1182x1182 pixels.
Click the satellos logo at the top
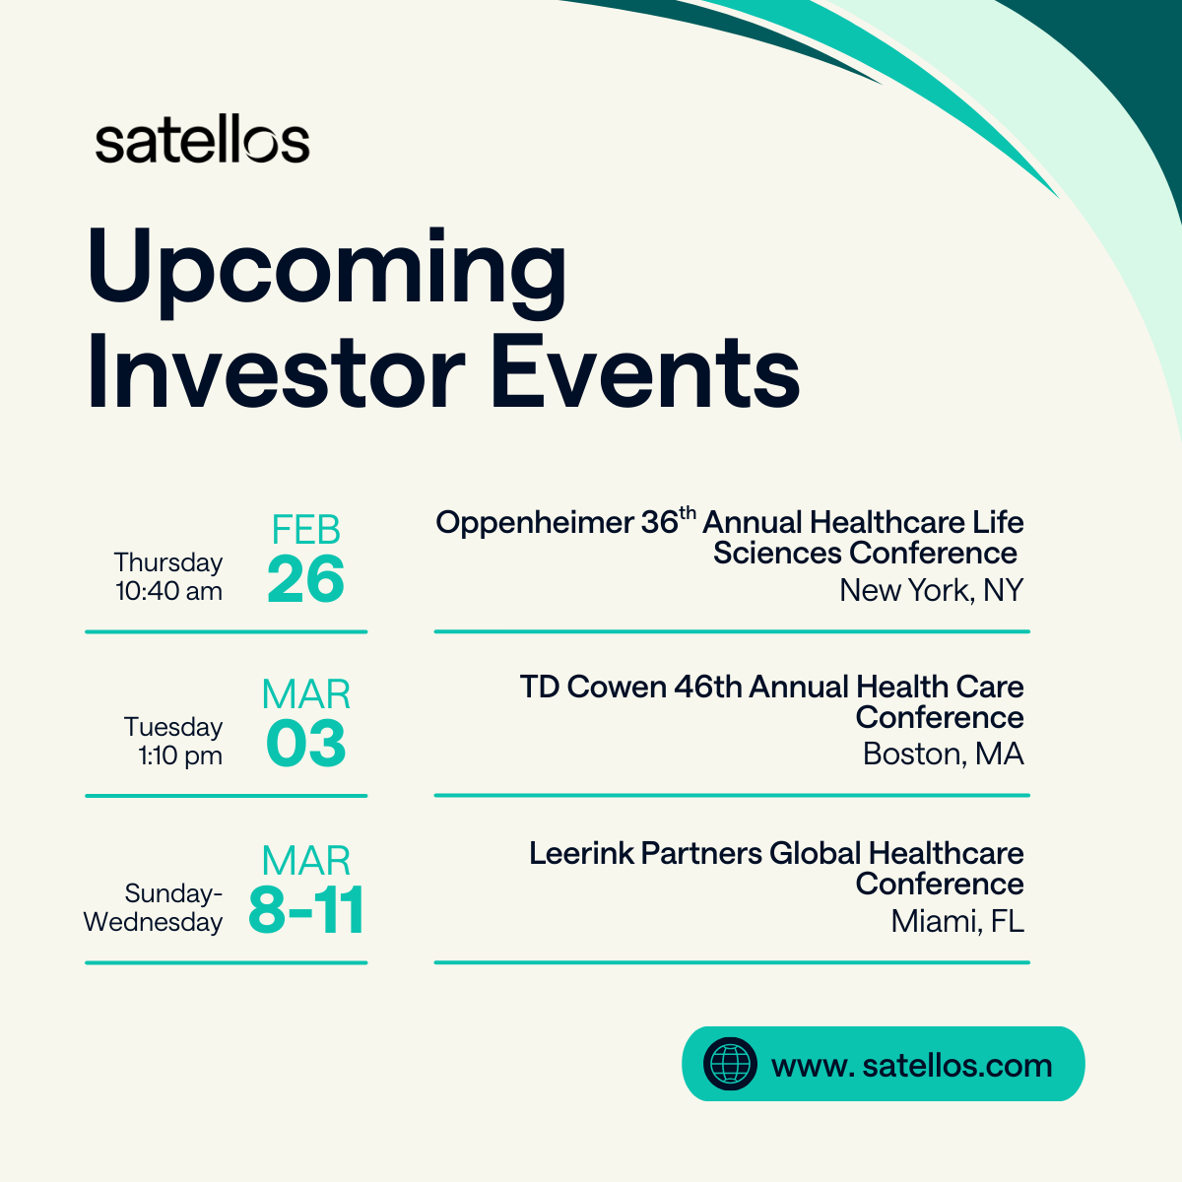point(202,143)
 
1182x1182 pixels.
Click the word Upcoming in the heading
point(326,268)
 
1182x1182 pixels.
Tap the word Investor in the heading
point(275,374)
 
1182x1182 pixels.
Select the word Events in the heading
point(645,374)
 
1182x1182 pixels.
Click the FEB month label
point(306,531)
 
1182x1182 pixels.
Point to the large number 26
point(305,580)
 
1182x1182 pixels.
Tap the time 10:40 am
point(168,591)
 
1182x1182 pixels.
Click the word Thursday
point(168,562)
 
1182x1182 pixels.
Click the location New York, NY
point(931,590)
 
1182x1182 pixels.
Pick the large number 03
point(305,745)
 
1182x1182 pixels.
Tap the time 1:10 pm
point(180,756)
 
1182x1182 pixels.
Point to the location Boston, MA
point(943,755)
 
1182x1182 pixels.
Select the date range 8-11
point(306,911)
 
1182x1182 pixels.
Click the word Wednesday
point(153,923)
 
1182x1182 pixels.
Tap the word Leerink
point(581,853)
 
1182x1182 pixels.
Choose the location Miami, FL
point(956,922)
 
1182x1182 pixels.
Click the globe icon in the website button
point(730,1064)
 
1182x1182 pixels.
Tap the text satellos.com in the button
point(955,1065)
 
